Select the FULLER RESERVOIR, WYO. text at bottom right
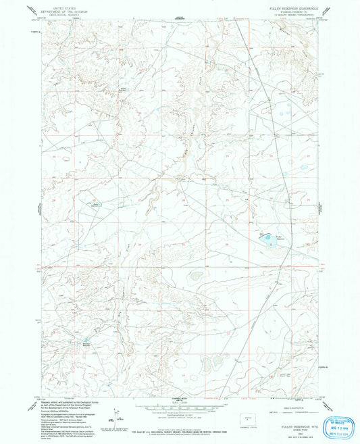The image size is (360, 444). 297,418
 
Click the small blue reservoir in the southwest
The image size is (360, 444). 86,341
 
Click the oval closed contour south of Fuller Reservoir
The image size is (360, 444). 196,275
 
